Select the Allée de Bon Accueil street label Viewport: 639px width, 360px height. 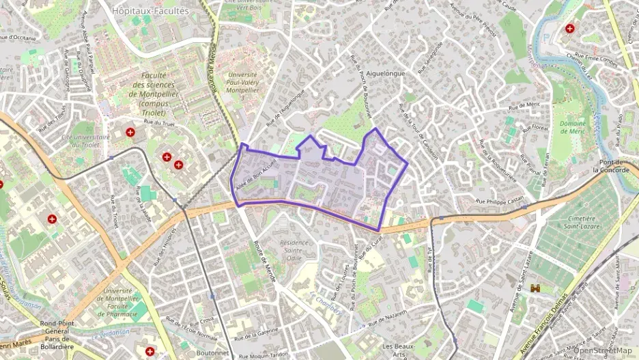point(253,175)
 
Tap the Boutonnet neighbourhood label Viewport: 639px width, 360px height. point(212,352)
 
